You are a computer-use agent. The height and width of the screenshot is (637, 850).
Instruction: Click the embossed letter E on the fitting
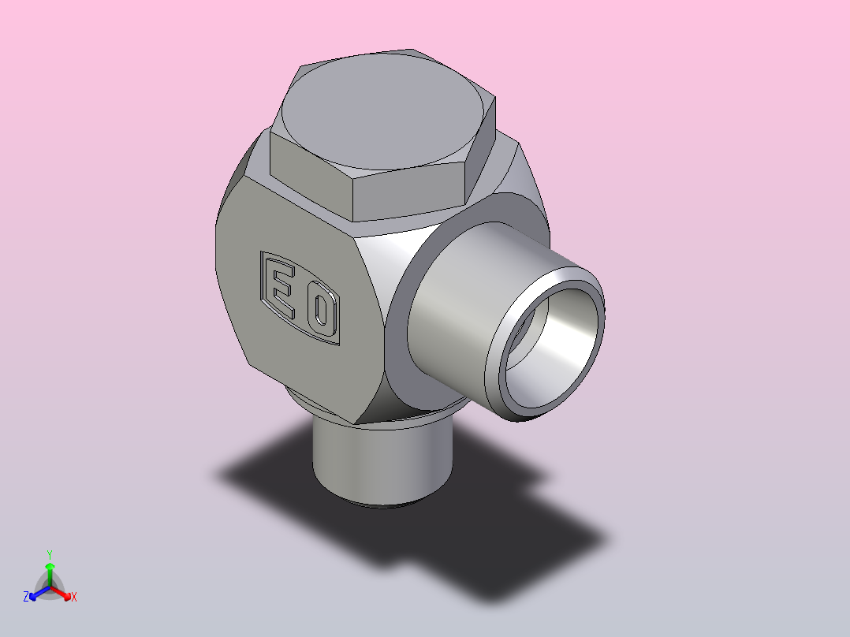tap(282, 288)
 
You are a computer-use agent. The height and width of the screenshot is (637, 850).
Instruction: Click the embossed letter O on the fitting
tap(320, 311)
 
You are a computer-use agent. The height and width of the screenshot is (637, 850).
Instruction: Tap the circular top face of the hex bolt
tap(382, 111)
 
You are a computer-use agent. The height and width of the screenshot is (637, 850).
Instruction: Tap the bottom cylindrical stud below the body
tap(382, 461)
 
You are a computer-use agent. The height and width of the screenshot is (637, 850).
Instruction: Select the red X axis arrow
tap(60, 592)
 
